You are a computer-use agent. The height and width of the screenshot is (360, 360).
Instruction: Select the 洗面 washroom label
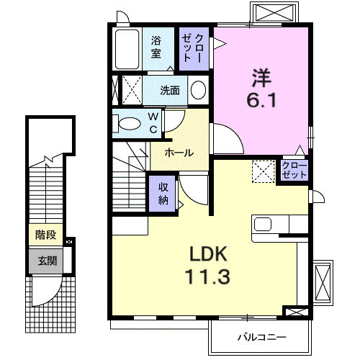pos(170,91)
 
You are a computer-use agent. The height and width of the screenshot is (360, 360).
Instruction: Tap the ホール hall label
pos(178,153)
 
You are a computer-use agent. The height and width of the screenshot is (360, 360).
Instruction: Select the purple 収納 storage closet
pos(163,193)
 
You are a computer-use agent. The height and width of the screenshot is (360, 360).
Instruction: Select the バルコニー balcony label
pos(262,337)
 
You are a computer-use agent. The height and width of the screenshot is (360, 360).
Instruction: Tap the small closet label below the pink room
pos(294,171)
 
